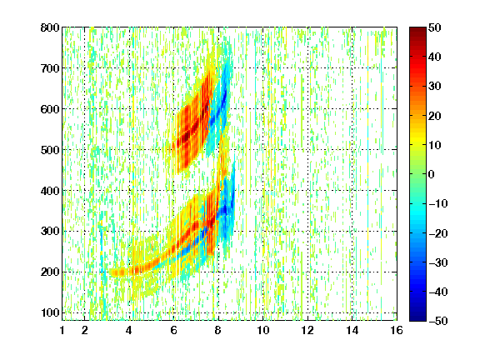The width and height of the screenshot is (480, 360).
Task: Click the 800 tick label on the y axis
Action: pos(50,27)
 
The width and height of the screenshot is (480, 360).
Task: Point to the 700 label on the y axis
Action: pos(50,68)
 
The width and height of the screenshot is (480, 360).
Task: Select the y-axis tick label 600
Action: pos(50,109)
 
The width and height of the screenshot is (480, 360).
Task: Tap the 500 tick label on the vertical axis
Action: pos(50,150)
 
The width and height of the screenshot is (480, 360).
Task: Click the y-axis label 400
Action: pos(50,191)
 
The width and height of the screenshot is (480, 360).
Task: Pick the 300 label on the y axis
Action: pos(50,231)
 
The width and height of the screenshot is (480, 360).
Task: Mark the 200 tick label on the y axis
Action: pos(50,272)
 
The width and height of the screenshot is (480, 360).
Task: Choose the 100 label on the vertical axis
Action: pos(50,312)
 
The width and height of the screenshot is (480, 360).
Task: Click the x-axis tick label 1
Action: pos(62,330)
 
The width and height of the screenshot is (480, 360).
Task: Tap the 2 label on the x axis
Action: pos(85,330)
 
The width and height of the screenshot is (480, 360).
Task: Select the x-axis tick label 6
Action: pos(173,330)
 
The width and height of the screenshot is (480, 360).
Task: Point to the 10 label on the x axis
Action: pos(262,330)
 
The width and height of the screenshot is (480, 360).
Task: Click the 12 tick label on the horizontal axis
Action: pos(307,330)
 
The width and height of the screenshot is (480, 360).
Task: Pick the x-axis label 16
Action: pos(397,330)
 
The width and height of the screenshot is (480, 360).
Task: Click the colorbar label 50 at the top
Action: pos(434,27)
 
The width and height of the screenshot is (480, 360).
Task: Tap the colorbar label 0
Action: pos(431,174)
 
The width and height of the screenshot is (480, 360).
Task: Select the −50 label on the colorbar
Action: pos(437,321)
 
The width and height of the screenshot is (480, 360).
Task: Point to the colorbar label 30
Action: pos(434,86)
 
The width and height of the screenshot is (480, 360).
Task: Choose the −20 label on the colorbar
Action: pos(437,233)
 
